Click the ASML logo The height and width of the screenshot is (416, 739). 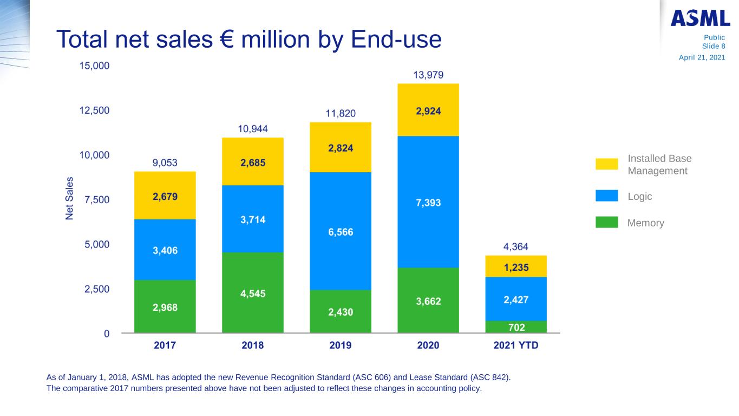click(700, 18)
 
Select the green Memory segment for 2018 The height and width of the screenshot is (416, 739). click(253, 292)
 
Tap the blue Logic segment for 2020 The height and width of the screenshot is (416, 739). click(428, 201)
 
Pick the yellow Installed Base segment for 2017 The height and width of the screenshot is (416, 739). click(165, 195)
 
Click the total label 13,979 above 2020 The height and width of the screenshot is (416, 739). click(428, 75)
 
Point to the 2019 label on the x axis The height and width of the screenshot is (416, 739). click(341, 345)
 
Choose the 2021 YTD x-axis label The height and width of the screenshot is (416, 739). click(516, 345)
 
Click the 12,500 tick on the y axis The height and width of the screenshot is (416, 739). click(95, 110)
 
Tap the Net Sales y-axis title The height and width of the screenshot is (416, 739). click(70, 198)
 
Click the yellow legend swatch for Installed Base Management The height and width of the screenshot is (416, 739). click(606, 164)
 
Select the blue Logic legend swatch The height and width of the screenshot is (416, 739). click(606, 196)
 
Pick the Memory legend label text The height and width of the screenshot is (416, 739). click(645, 223)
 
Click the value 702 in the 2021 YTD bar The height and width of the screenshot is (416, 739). click(516, 327)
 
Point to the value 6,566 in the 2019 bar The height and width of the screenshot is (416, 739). click(341, 232)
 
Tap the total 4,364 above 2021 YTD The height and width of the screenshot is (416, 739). click(516, 247)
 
